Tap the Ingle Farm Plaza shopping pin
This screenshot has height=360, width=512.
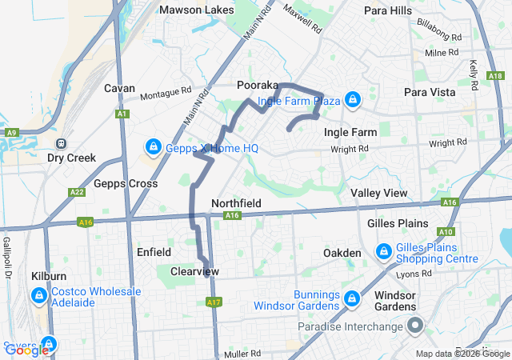coord(353,100)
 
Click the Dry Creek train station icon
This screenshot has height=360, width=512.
coord(61,143)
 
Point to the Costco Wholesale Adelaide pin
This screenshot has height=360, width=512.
coord(38,297)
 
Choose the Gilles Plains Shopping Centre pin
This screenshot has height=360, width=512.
coord(383,252)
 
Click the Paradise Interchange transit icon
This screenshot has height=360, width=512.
coord(415,326)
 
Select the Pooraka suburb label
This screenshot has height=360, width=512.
coord(258,85)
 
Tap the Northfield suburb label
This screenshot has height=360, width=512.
coord(236,203)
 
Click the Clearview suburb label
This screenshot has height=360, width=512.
coord(194,272)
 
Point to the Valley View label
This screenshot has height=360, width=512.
coord(378,194)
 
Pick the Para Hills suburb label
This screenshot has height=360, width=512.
coord(387,10)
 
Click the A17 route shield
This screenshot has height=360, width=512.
coord(213,302)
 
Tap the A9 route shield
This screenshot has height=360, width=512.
coord(10,132)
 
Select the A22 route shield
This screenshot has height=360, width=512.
coord(77,192)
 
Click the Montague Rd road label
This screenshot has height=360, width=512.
coord(166,94)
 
